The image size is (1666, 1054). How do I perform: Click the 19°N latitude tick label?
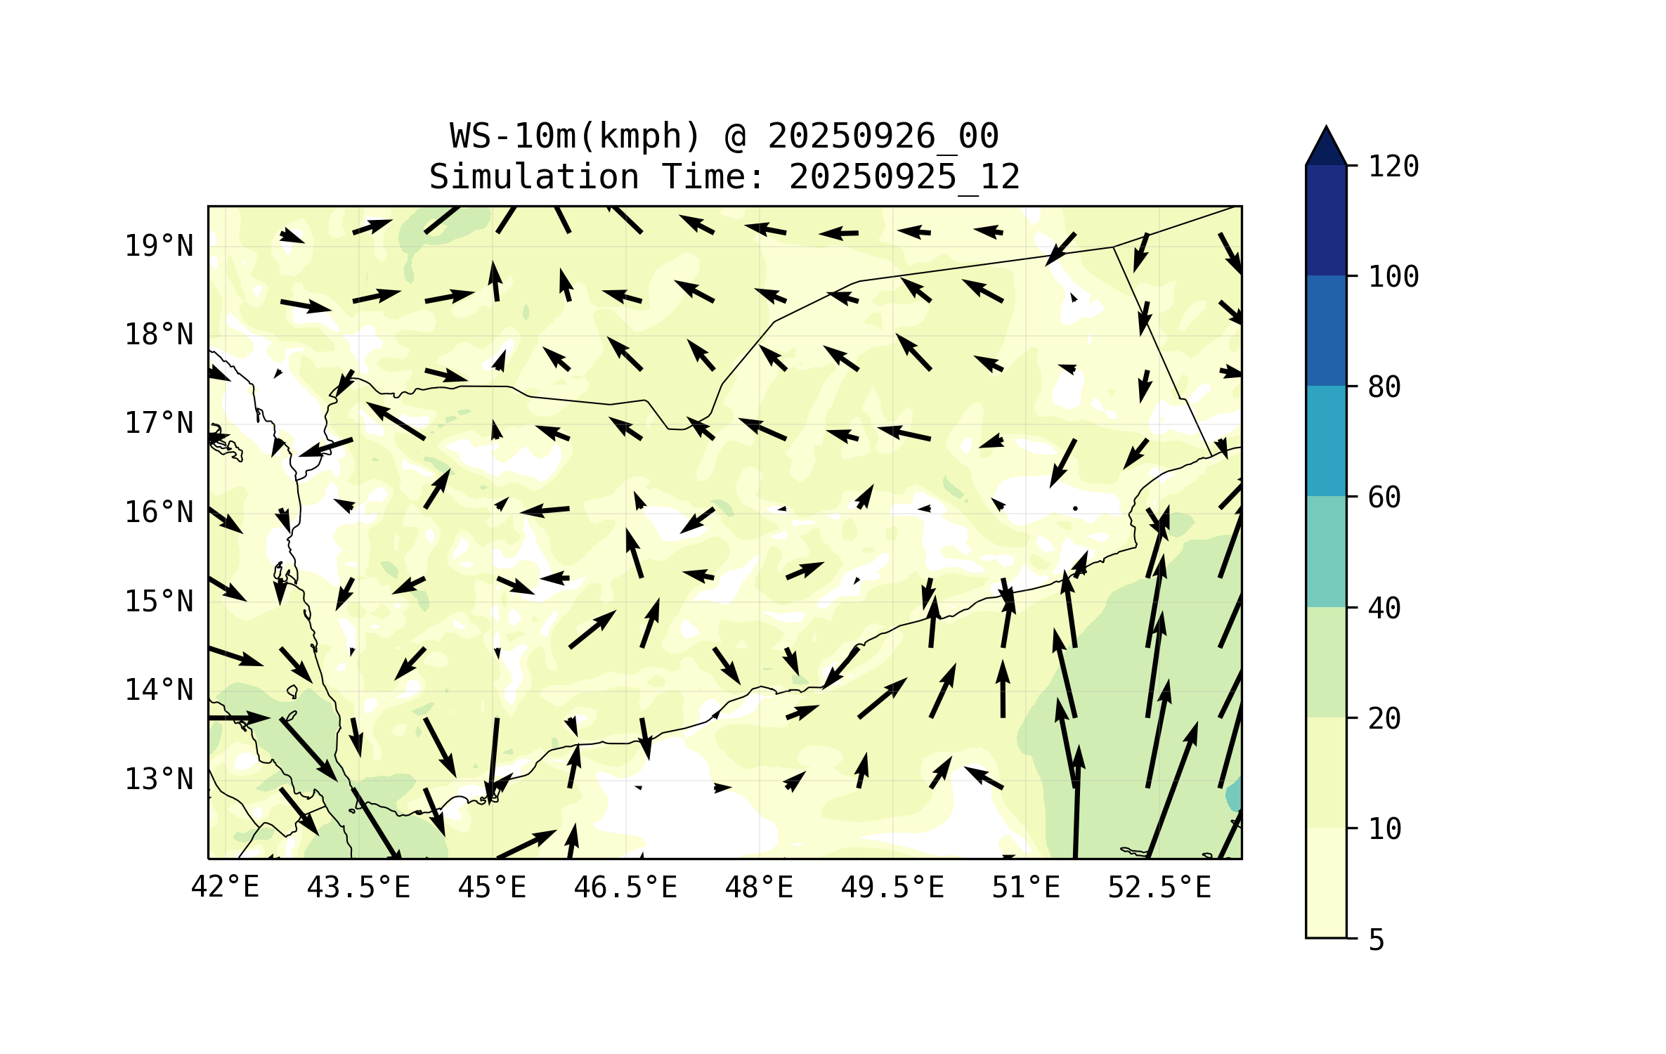pos(159,246)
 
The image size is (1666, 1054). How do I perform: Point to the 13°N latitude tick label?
pos(159,779)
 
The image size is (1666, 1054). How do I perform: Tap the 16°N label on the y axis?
pos(159,512)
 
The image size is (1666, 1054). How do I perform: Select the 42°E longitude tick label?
pos(225,887)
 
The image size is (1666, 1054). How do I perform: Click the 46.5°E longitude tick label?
pos(625,887)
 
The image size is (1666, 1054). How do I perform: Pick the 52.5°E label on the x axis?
pos(1159,887)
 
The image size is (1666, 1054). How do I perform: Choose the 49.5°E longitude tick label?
pos(892,887)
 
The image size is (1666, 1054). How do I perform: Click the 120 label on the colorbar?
pos(1393,167)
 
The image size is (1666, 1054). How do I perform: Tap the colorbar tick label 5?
pos(1377,940)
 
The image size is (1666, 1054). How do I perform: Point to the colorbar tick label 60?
pos(1384,497)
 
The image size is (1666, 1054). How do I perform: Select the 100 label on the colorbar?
pos(1393,277)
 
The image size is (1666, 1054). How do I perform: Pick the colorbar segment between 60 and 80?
pos(1326,441)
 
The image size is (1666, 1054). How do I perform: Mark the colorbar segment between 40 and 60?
pos(1326,552)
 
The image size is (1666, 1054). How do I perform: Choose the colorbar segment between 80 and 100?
pos(1326,330)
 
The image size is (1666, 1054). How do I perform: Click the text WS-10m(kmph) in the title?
pos(575,136)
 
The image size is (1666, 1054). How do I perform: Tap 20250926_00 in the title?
pos(883,136)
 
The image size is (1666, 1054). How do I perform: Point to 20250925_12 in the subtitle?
pos(904,177)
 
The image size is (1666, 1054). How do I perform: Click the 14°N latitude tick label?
pos(159,690)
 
